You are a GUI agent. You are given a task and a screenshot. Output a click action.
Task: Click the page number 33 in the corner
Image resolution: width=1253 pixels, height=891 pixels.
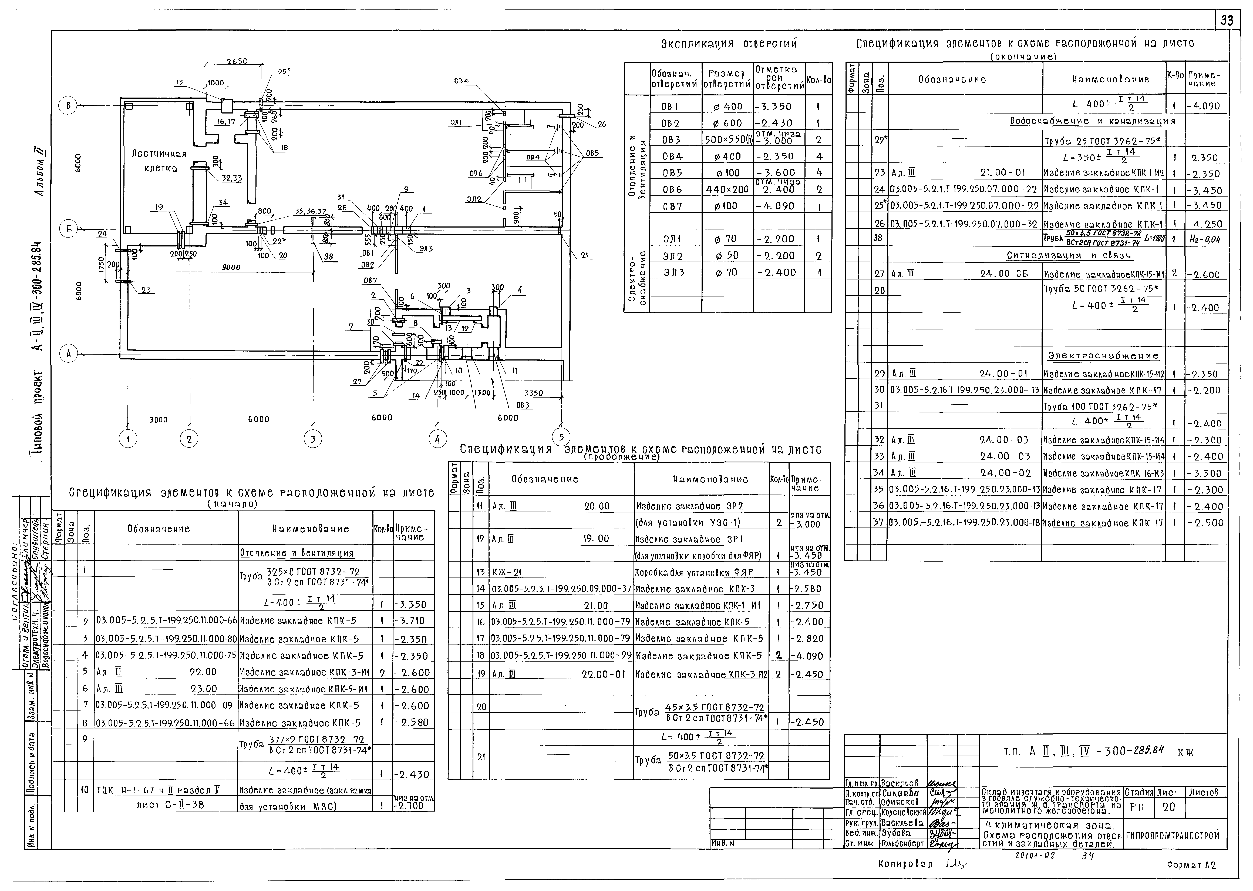1227,21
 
